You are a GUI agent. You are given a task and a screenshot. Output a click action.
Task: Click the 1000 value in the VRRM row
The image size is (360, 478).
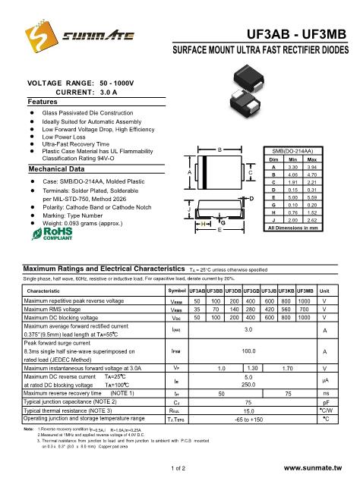(304, 301)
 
